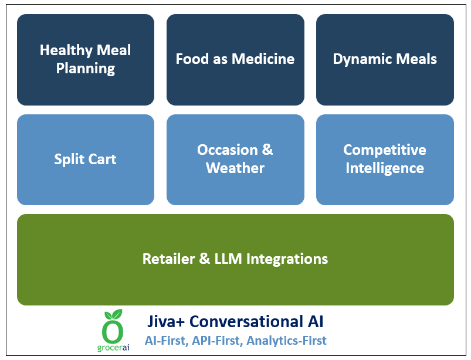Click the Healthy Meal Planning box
(86, 59)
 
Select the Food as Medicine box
(235, 59)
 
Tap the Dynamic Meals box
(385, 59)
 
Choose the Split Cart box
(86, 159)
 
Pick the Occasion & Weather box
(235, 159)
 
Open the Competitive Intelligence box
(385, 159)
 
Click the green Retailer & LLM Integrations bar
(235, 259)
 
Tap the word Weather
(235, 168)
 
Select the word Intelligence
(385, 168)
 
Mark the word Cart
(103, 159)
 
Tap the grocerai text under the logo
(113, 348)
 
